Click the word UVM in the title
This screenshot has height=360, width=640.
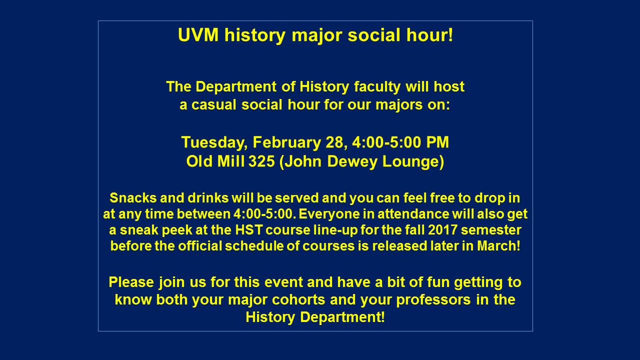(198, 35)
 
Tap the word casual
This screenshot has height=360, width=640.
(213, 105)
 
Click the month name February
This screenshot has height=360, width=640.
(286, 143)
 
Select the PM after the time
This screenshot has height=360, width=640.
(437, 142)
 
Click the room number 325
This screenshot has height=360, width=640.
(261, 161)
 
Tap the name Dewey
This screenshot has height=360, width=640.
(352, 161)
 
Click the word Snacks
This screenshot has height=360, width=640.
(133, 197)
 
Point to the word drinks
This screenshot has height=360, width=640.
(208, 197)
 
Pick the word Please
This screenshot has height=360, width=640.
(131, 282)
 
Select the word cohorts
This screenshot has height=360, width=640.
(298, 300)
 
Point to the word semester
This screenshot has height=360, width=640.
(491, 230)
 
